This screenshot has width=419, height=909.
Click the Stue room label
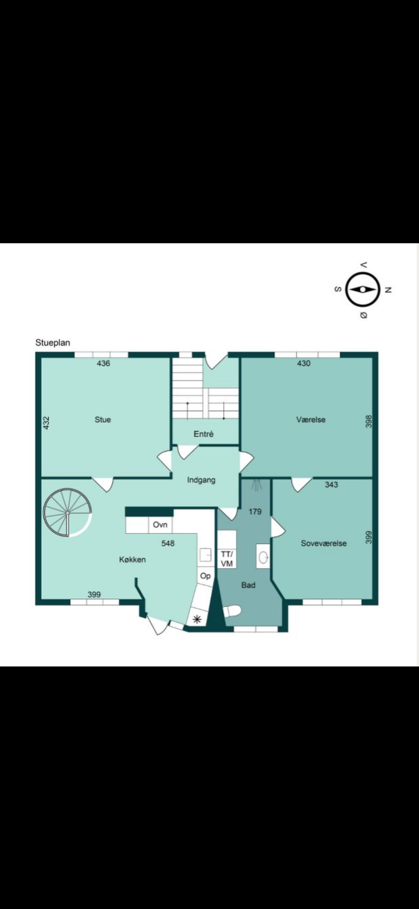[x=103, y=420]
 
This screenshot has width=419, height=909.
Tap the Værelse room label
[x=311, y=420]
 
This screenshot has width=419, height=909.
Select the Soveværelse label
[x=324, y=543]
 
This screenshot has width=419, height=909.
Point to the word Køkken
[x=132, y=560]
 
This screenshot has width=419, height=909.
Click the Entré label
[x=204, y=434]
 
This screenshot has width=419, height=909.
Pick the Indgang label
[x=201, y=480]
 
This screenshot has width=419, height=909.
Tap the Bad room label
[x=248, y=585]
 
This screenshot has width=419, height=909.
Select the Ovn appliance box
[x=160, y=525]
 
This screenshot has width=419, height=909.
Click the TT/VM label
[x=227, y=559]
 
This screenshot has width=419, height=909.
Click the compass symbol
[x=362, y=289]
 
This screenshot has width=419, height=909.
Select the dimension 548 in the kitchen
[x=168, y=543]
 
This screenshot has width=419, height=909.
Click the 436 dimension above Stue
[x=103, y=363]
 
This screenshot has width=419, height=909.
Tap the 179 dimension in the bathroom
[x=255, y=511]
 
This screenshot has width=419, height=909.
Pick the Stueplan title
[x=53, y=343]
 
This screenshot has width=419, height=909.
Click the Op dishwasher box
[x=205, y=576]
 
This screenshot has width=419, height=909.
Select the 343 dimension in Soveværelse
[x=331, y=484]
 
